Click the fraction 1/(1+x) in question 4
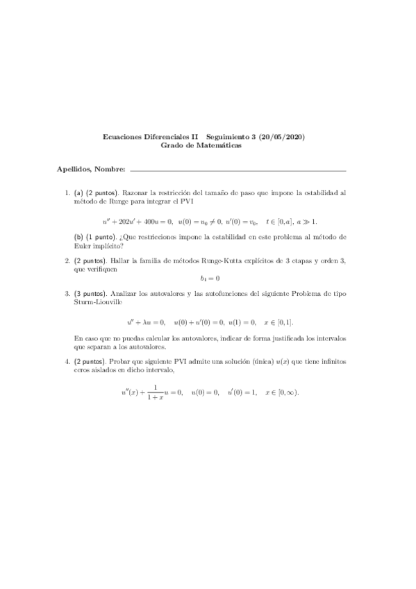coord(156,392)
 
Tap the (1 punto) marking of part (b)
coord(101,237)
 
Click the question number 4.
coord(66,362)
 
